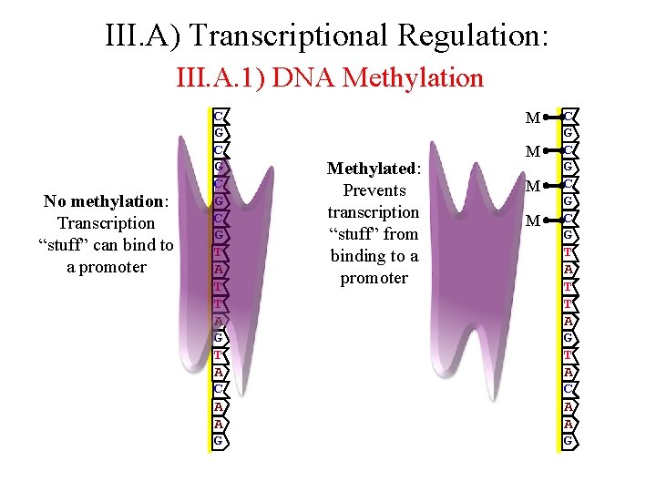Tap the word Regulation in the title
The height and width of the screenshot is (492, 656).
474,36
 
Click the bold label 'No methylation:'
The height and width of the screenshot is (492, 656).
107,200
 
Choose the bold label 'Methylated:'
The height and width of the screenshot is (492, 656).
374,169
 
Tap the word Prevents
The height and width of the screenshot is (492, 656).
374,190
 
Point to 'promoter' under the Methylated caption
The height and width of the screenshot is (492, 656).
374,278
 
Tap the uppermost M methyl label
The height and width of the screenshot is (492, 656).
533,118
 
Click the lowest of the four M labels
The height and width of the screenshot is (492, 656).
533,220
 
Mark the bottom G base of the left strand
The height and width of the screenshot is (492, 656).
219,441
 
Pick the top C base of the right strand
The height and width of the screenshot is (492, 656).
568,117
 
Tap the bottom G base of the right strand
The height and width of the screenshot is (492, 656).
568,441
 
